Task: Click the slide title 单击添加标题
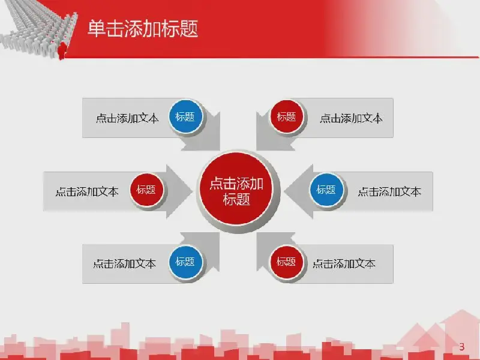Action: [143, 28]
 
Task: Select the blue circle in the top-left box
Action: [185, 116]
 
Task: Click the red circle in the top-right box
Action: [287, 116]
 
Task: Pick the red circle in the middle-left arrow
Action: [146, 190]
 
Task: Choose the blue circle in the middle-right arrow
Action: [326, 190]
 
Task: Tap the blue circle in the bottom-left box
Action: [185, 262]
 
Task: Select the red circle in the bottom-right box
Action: [287, 262]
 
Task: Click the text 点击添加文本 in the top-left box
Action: [127, 118]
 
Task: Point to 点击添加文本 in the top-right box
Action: [351, 118]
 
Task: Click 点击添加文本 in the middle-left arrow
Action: [87, 191]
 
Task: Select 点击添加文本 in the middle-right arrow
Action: [389, 191]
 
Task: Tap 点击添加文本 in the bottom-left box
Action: [125, 263]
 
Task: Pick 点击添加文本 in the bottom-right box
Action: [344, 263]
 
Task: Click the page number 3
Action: [462, 347]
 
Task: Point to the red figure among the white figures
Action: [62, 50]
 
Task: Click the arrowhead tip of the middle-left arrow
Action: [192, 191]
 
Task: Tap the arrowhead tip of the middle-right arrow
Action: [284, 191]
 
